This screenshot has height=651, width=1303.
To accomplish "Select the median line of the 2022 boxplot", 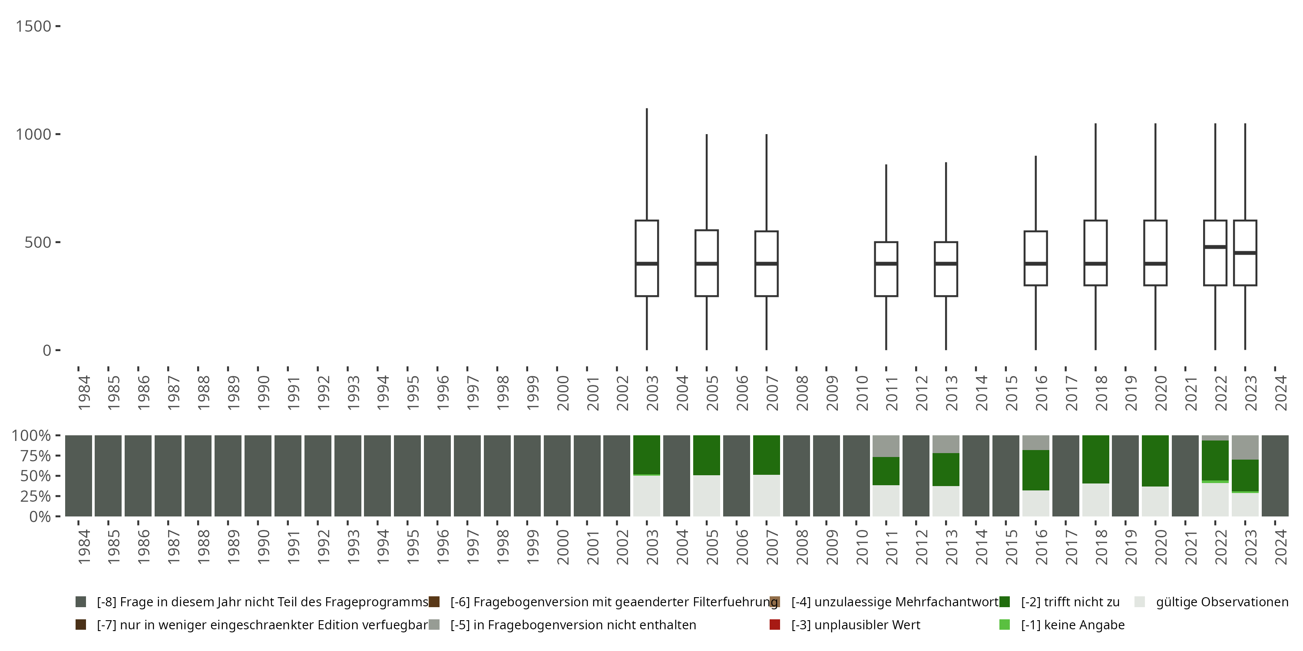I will tap(1215, 247).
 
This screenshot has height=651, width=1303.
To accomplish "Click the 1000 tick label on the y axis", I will tap(33, 135).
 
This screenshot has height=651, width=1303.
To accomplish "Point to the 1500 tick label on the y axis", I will tap(33, 26).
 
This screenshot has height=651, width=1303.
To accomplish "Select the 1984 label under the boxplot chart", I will tap(84, 393).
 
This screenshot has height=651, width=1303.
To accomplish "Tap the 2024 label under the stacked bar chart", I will tap(1281, 547).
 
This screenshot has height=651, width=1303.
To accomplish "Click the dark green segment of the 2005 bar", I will tap(707, 455).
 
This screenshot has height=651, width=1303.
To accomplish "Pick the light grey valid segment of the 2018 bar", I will tap(1096, 500).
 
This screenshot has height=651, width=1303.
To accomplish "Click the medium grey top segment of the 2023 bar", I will tap(1245, 447).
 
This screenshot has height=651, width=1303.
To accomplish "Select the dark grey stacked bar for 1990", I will tap(258, 476).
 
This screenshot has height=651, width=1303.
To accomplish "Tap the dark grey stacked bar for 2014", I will tap(976, 476).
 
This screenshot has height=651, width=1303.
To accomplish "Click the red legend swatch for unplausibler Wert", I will tap(774, 625).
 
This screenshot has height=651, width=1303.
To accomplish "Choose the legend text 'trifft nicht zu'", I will tap(1070, 602).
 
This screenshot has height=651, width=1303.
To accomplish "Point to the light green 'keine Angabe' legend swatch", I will tap(1005, 625).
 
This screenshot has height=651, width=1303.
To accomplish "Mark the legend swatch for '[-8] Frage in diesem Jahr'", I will tap(80, 602).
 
